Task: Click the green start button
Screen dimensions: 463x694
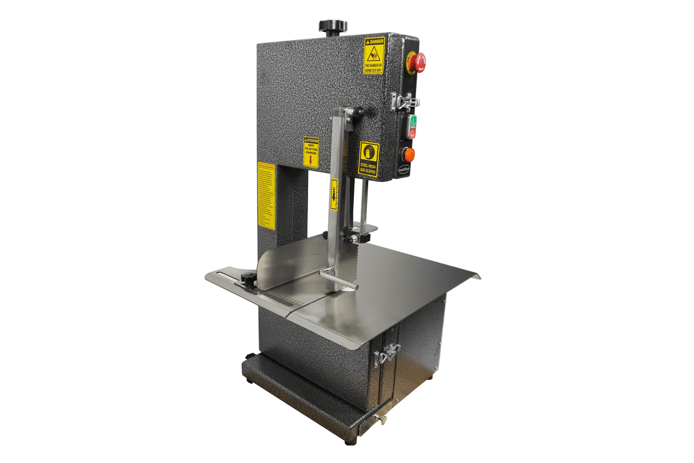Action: click(x=412, y=121)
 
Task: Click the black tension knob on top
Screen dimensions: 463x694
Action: click(x=333, y=26)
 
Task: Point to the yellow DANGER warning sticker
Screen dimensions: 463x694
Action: click(x=373, y=56)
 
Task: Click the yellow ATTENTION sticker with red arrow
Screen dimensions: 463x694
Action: click(x=310, y=152)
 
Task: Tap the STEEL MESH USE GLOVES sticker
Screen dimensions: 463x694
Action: click(x=369, y=159)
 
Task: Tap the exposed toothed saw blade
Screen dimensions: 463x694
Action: click(x=349, y=268)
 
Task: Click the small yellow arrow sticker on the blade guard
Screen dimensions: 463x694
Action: click(x=334, y=194)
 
